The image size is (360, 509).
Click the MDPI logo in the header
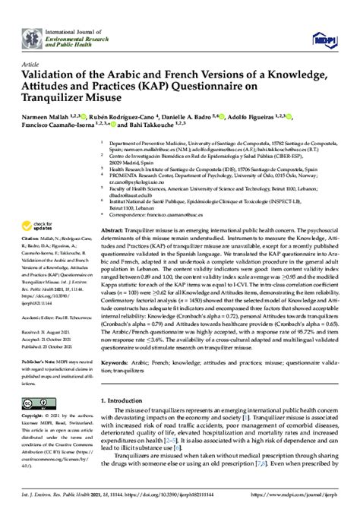click(323, 37)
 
